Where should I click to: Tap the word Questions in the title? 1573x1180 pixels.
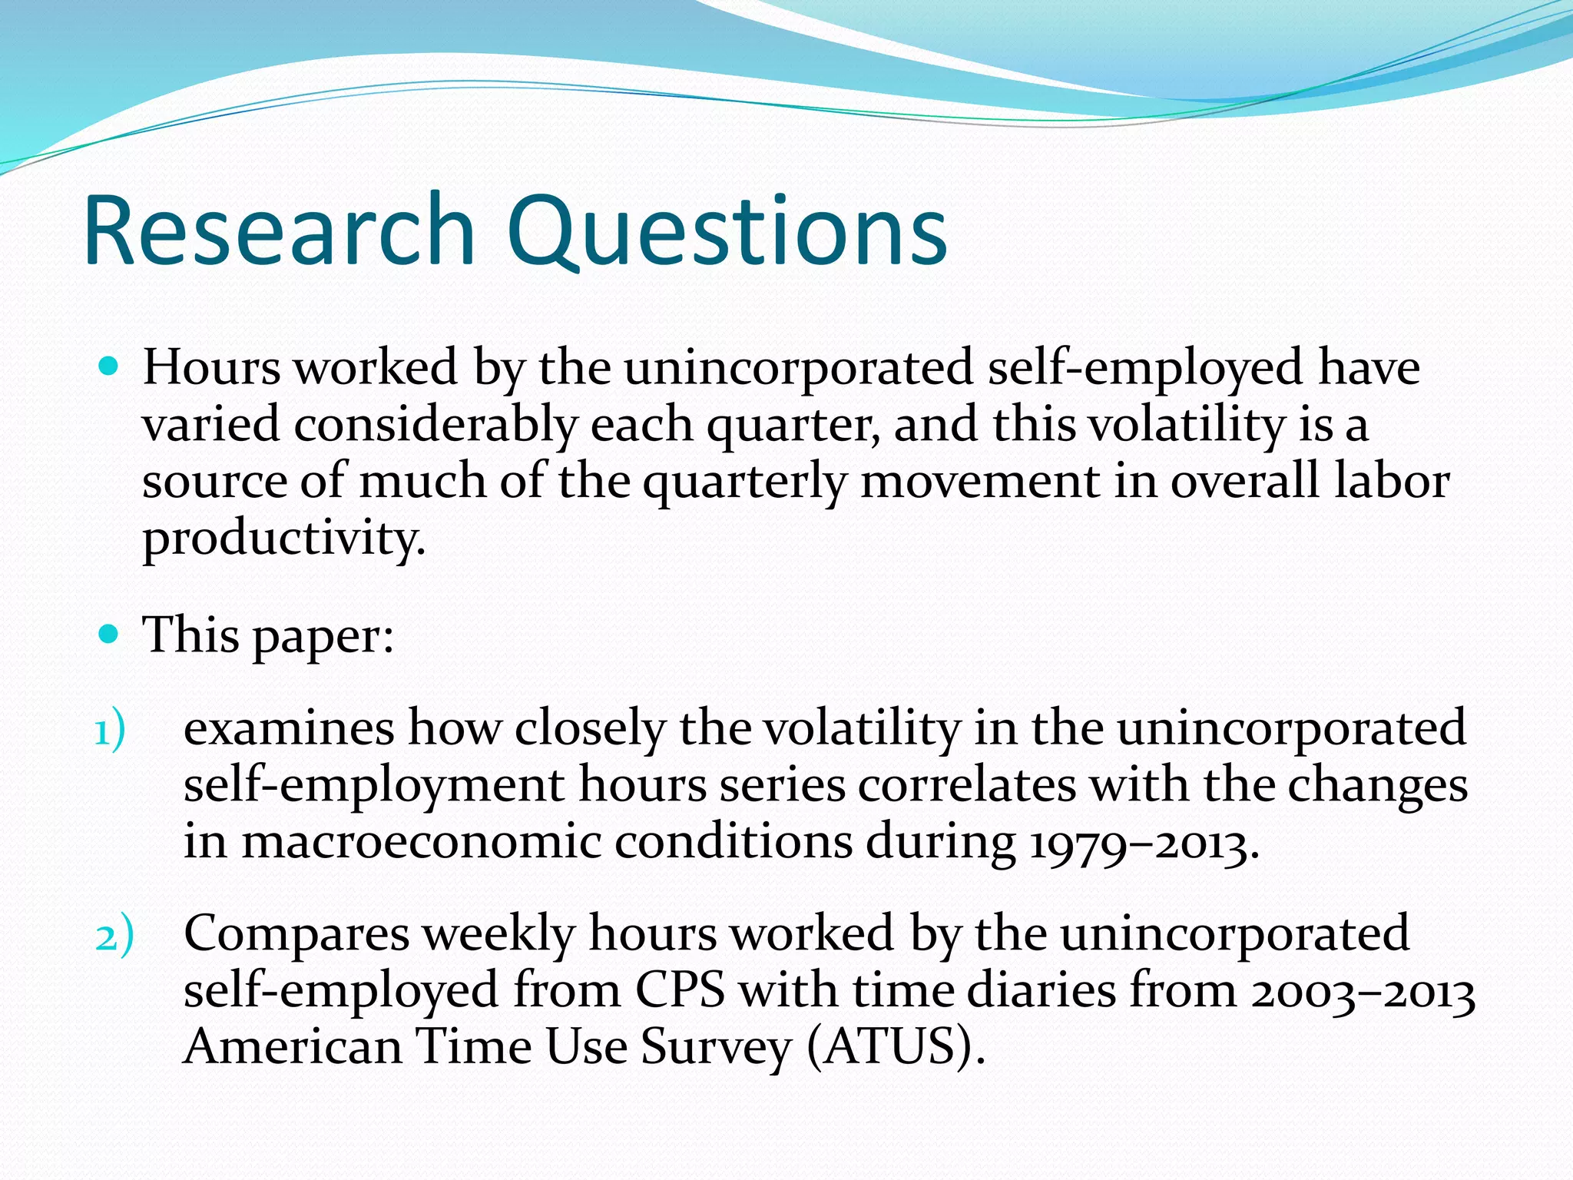[727, 230]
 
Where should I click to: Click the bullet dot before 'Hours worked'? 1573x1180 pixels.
[110, 366]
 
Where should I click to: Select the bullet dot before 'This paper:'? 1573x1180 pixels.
[110, 635]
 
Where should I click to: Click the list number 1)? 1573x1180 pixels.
[110, 731]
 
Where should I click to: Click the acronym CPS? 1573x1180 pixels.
[680, 991]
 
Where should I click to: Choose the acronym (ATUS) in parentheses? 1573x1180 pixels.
[896, 1047]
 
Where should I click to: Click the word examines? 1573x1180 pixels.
[288, 728]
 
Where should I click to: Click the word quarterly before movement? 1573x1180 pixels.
[743, 482]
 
